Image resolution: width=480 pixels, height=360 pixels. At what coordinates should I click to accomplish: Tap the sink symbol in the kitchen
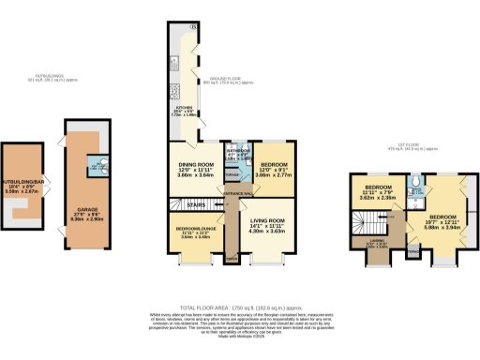coord(174,84)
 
